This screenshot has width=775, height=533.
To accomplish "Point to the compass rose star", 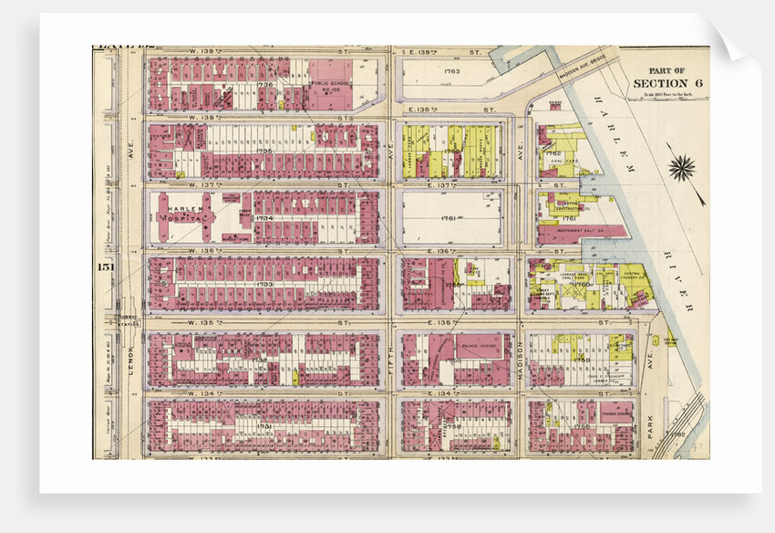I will [681, 167].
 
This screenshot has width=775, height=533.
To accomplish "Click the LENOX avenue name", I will [130, 351].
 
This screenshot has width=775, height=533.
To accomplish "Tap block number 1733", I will [264, 284].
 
